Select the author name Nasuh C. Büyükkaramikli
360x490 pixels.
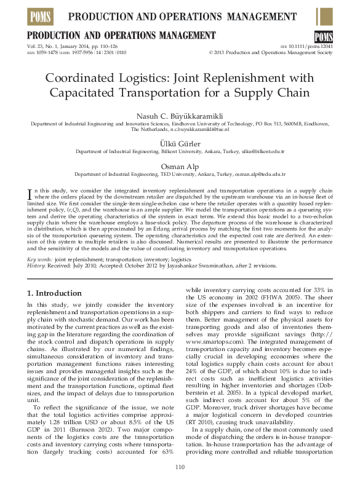pos(180,116)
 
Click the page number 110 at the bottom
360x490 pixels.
pos(180,468)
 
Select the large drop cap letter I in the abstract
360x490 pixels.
pos(31,194)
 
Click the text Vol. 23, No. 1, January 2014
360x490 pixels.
pos(59,47)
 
